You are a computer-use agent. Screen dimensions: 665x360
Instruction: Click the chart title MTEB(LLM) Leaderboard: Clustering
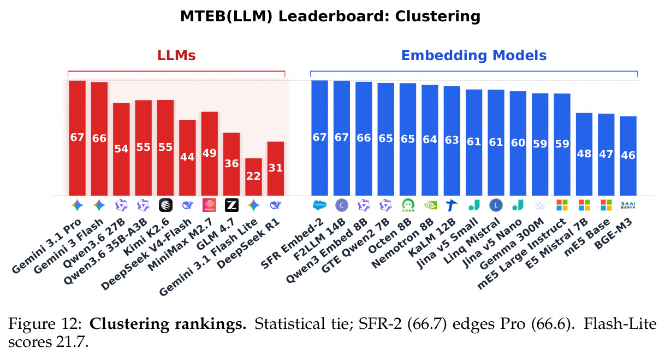click(330, 16)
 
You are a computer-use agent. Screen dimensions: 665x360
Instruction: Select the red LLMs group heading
click(176, 56)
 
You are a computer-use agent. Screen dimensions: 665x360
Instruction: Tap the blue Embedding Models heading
click(474, 56)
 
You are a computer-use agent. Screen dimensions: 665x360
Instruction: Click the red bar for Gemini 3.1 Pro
click(77, 138)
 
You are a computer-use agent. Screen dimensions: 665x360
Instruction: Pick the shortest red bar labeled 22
click(253, 177)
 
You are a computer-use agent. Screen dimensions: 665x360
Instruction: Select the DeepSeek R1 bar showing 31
click(276, 169)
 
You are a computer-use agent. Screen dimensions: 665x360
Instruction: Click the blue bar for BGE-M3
click(628, 156)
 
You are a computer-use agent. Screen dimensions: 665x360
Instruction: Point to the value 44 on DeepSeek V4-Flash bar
click(187, 157)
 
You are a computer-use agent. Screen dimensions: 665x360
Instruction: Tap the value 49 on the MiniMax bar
click(209, 153)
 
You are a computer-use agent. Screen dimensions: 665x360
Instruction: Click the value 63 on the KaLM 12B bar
click(452, 140)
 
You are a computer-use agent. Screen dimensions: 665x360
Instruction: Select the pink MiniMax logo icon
click(209, 205)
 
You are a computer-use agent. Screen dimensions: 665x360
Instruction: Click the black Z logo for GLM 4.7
click(231, 205)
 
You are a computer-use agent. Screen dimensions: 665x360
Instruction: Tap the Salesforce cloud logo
click(320, 205)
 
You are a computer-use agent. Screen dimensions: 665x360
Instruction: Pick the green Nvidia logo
click(430, 205)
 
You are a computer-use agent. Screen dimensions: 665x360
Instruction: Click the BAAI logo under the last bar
click(628, 205)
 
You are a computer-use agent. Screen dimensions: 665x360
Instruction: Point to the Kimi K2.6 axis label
click(146, 237)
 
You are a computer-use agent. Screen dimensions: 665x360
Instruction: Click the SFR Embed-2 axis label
click(292, 244)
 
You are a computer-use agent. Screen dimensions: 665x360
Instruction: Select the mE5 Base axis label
click(587, 237)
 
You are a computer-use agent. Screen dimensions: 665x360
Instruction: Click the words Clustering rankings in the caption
click(168, 324)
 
